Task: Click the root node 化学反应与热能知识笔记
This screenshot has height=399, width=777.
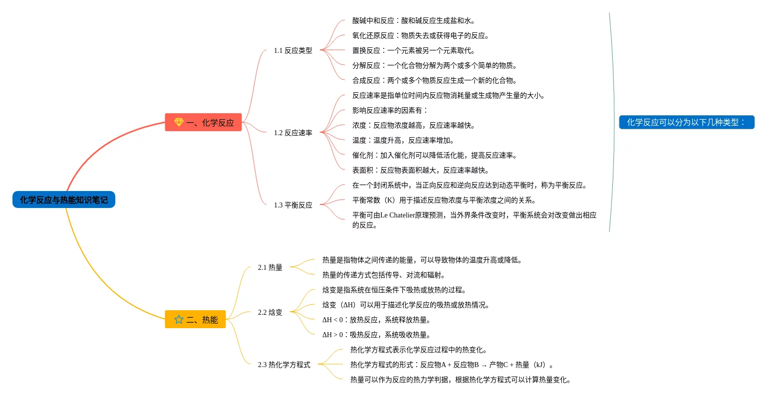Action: [63, 200]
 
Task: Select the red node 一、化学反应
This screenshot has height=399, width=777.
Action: [203, 122]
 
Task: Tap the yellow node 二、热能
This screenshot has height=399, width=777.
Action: [195, 320]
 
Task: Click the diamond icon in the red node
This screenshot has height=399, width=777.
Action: [179, 122]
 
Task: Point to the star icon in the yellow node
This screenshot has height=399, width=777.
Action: [179, 319]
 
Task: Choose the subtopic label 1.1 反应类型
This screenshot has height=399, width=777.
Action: [293, 50]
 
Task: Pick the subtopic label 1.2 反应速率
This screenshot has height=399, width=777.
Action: [293, 133]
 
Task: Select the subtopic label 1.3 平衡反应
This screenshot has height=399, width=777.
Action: [293, 205]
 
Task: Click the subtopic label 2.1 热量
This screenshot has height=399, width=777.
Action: [270, 267]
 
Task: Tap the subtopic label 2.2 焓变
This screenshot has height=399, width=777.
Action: [270, 312]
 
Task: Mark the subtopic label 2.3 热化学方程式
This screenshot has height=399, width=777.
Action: [284, 365]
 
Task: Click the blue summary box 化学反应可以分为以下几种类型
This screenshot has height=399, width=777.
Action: [686, 122]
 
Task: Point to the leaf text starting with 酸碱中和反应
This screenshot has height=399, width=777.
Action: [414, 20]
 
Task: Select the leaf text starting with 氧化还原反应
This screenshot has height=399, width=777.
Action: [421, 35]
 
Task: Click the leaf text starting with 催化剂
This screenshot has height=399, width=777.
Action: [435, 155]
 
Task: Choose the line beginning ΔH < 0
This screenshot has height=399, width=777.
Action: [377, 320]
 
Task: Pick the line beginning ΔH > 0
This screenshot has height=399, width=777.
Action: [377, 335]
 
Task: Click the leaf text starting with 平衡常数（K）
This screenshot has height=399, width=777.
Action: [445, 200]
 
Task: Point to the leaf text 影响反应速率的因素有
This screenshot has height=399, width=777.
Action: [390, 110]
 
